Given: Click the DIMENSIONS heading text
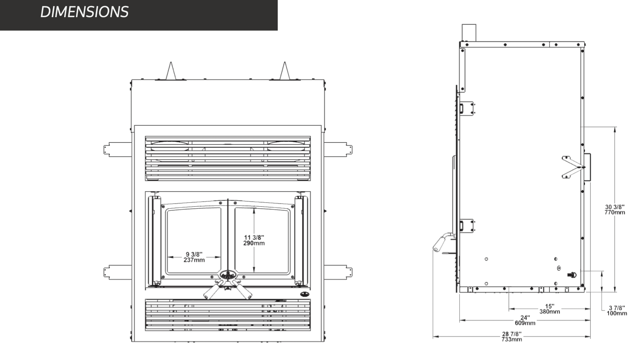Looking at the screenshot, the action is (85, 12).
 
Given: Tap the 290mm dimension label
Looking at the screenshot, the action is (254, 243).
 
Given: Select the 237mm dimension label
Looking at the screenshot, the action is (194, 260).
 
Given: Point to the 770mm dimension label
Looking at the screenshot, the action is (615, 212).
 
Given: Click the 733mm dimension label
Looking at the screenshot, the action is (512, 339).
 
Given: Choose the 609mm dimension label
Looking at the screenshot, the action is (525, 323).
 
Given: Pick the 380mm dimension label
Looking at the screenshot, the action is (550, 312).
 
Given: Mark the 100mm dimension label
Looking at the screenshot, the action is (617, 313).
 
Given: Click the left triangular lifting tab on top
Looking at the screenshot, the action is (171, 71).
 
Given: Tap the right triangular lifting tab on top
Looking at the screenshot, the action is (284, 71).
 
